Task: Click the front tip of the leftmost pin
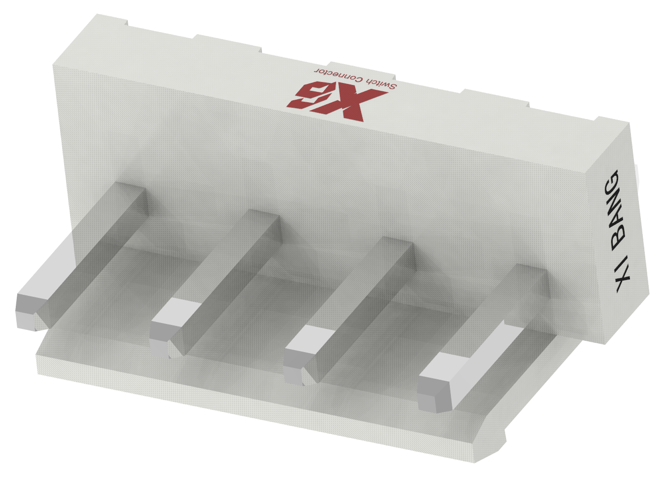(x=27, y=311)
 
